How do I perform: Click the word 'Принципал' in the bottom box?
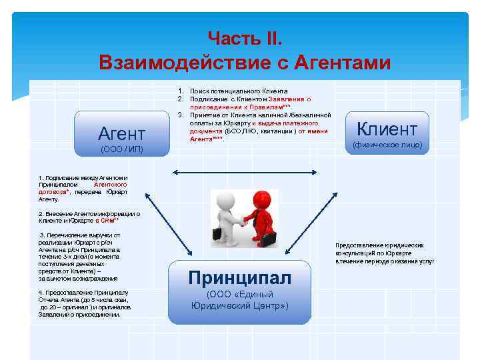[239, 277]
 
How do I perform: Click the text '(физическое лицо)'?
[387, 145]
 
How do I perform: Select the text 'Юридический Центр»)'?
[239, 306]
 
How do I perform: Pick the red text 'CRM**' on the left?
[109, 220]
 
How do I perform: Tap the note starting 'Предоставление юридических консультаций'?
[384, 253]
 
